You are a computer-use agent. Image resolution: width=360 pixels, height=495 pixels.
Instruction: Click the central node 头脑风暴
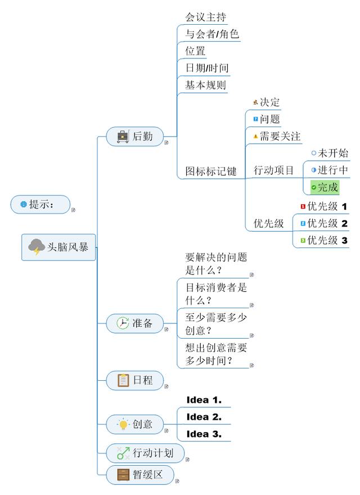tap(58, 247)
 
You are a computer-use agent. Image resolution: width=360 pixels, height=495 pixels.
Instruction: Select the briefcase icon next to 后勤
tap(123, 136)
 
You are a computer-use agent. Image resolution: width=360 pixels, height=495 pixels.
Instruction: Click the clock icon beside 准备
tap(123, 323)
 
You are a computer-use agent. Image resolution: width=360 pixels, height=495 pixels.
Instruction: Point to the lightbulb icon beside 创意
tap(123, 424)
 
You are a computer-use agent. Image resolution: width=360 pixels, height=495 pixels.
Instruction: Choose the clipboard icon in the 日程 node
tap(123, 380)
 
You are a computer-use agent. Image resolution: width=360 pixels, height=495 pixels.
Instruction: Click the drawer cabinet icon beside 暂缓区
tap(123, 475)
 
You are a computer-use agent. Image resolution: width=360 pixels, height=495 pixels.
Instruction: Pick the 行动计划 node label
tap(153, 453)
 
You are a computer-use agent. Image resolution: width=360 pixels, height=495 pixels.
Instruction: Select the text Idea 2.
tap(204, 417)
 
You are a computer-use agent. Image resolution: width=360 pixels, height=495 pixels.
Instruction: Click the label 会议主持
tap(205, 17)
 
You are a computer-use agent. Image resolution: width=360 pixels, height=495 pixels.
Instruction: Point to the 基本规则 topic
tap(205, 85)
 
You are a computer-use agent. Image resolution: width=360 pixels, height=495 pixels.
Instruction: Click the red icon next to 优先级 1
tap(303, 206)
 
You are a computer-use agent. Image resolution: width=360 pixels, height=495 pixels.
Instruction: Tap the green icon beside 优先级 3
tap(303, 241)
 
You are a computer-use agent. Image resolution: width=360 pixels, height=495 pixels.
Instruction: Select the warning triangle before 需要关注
tap(256, 136)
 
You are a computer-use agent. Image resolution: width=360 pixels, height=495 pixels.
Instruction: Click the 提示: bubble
tap(40, 204)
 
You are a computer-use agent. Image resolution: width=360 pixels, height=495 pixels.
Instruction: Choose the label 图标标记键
tap(211, 171)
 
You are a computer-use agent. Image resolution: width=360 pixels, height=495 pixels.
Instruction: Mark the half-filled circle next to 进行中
tap(313, 170)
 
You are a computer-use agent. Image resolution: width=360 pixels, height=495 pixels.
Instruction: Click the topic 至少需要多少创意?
tap(216, 324)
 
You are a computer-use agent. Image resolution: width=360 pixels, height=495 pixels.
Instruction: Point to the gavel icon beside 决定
tap(256, 102)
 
